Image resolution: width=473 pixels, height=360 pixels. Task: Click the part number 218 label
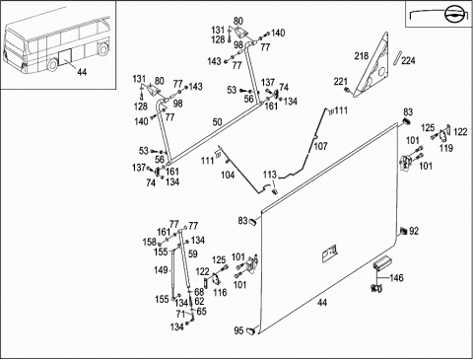point(361,56)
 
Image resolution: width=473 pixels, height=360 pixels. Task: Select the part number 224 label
point(408,60)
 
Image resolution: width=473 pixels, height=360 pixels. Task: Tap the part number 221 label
point(341,81)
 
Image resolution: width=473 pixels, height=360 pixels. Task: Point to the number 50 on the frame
point(217,122)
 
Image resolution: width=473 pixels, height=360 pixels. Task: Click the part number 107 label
point(320,146)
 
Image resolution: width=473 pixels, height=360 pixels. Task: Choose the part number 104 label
point(228,175)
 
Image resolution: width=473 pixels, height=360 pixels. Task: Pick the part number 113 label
point(270,175)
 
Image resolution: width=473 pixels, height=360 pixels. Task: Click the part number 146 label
point(396,278)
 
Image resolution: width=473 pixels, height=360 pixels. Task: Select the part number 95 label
point(238,330)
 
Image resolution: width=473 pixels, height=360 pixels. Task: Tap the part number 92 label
point(414,231)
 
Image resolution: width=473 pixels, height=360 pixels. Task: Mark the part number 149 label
point(161,270)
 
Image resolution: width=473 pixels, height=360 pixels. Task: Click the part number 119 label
point(446,148)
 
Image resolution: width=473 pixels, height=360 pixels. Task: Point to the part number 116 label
point(220,292)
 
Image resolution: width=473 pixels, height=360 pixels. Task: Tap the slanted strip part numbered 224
point(398,58)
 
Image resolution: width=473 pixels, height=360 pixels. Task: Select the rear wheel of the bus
point(52,64)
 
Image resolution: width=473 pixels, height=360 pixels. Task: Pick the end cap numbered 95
point(251,330)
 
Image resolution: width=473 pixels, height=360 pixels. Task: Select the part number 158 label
point(150,242)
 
